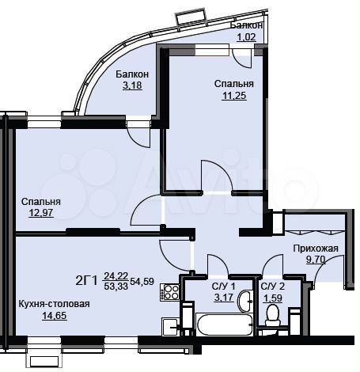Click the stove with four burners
tap(169, 293)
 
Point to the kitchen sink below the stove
tap(169, 325)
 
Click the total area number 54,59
tap(144, 280)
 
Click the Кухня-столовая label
tap(55, 304)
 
